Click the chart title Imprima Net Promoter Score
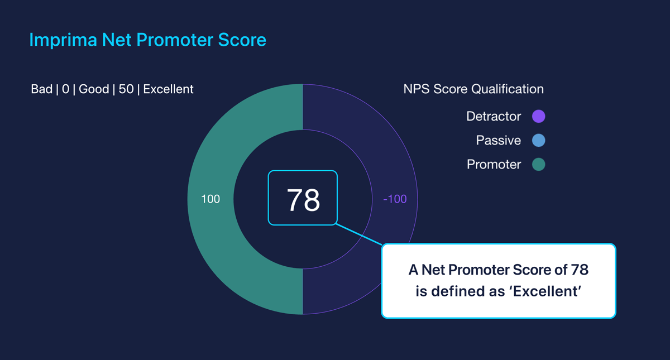pyautogui.click(x=147, y=40)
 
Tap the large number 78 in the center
pyautogui.click(x=303, y=200)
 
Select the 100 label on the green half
pyautogui.click(x=210, y=199)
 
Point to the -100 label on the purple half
pyautogui.click(x=395, y=199)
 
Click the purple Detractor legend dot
pyautogui.click(x=538, y=117)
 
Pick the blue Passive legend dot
pyautogui.click(x=538, y=141)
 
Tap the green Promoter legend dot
pyautogui.click(x=538, y=165)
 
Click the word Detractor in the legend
pyautogui.click(x=494, y=117)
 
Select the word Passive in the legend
pyautogui.click(x=498, y=141)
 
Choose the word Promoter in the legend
pyautogui.click(x=494, y=165)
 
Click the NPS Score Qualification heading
pyautogui.click(x=473, y=89)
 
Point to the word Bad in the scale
pyautogui.click(x=42, y=89)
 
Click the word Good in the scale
pyautogui.click(x=94, y=89)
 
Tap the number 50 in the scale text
pyautogui.click(x=126, y=89)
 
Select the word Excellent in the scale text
pyautogui.click(x=169, y=89)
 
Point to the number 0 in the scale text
pyautogui.click(x=66, y=89)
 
